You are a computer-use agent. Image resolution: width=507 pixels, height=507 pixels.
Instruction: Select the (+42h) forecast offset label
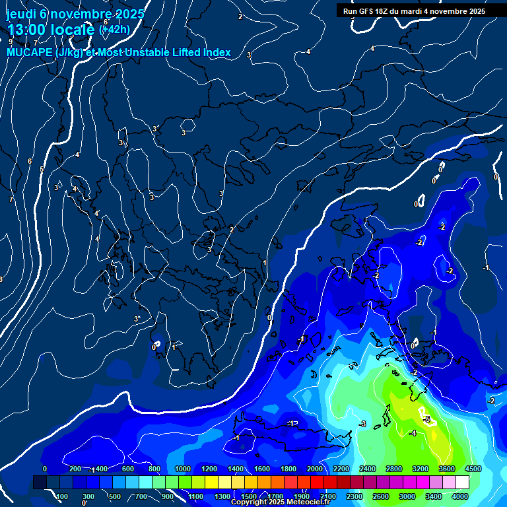(x=114, y=29)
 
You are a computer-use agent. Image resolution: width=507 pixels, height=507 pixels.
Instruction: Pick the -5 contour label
(x=426, y=419)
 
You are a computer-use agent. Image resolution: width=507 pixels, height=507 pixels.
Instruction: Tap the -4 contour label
(x=412, y=433)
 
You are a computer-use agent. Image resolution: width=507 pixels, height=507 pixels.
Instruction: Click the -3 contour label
(x=362, y=423)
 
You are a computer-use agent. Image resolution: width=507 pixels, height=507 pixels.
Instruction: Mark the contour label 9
(x=11, y=42)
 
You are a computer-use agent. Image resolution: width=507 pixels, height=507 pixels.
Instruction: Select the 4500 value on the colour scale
(x=473, y=469)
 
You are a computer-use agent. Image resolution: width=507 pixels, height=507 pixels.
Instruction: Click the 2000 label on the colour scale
(x=315, y=469)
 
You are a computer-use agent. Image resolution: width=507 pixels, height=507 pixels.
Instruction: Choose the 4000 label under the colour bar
(x=460, y=496)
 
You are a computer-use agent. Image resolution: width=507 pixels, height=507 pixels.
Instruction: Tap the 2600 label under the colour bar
(x=381, y=496)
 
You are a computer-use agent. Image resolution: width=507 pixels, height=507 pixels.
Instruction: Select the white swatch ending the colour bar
(x=462, y=483)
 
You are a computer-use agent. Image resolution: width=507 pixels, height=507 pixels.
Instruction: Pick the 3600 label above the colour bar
(x=447, y=469)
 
